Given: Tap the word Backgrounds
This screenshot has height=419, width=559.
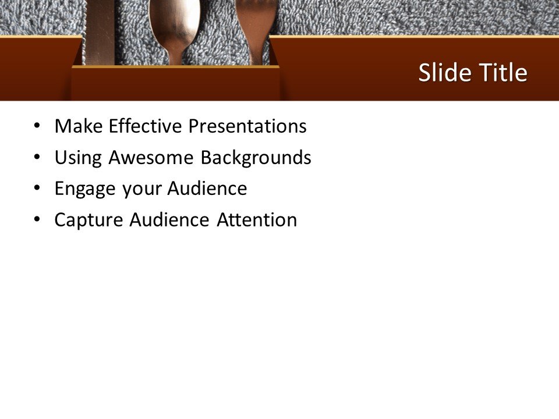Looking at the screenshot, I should click(256, 158).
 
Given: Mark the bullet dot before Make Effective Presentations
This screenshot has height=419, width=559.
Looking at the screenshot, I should click(38, 126).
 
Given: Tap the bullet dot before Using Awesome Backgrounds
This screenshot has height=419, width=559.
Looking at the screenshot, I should click(38, 157).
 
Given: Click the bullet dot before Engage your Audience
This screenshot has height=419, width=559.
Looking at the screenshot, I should click(38, 189).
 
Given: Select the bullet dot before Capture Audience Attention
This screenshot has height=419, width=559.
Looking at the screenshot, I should click(38, 220).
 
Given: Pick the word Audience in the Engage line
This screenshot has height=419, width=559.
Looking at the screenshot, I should click(207, 189).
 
